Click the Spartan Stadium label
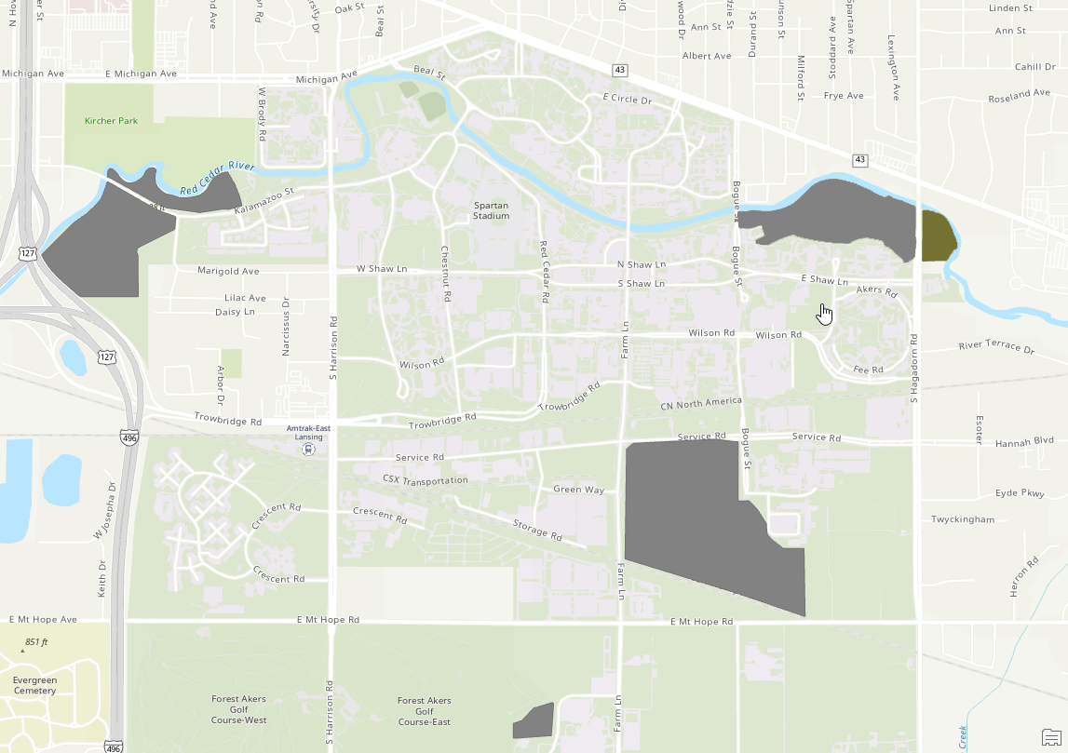[491, 210]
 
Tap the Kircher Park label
[111, 121]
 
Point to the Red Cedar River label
[217, 178]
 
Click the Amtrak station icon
[307, 449]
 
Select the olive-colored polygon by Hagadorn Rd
[937, 236]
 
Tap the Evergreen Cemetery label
[34, 685]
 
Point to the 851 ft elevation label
[36, 642]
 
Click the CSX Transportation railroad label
[425, 479]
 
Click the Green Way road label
[578, 489]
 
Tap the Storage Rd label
[537, 529]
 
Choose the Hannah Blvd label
[1024, 444]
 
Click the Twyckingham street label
[963, 519]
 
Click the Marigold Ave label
[228, 271]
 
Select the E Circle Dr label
[627, 99]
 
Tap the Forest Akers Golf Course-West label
[239, 709]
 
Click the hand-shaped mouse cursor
[824, 315]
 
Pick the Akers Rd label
[875, 290]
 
